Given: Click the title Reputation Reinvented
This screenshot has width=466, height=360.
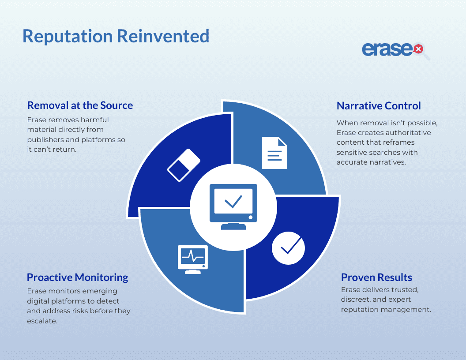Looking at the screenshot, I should pos(116,36).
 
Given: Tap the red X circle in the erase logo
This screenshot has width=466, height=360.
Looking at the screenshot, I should pos(417,49).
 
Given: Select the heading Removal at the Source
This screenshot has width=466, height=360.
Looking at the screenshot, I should pos(80,105).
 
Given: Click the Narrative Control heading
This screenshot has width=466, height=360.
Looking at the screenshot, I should pos(379,106).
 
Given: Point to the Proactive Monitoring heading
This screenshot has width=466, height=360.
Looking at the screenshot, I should pos(77,277).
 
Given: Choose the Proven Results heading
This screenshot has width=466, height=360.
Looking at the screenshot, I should pos(376,277).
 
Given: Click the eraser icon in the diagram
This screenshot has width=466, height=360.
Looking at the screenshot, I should pos(184,165).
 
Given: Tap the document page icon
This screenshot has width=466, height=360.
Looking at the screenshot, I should pos(274,153).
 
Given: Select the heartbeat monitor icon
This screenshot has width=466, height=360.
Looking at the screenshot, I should pos(193,258).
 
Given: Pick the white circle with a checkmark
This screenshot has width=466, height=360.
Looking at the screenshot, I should pos(288,248).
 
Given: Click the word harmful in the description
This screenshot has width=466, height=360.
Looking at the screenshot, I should pos(95,120).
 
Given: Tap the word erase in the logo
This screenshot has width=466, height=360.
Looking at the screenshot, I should pos(387,49).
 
